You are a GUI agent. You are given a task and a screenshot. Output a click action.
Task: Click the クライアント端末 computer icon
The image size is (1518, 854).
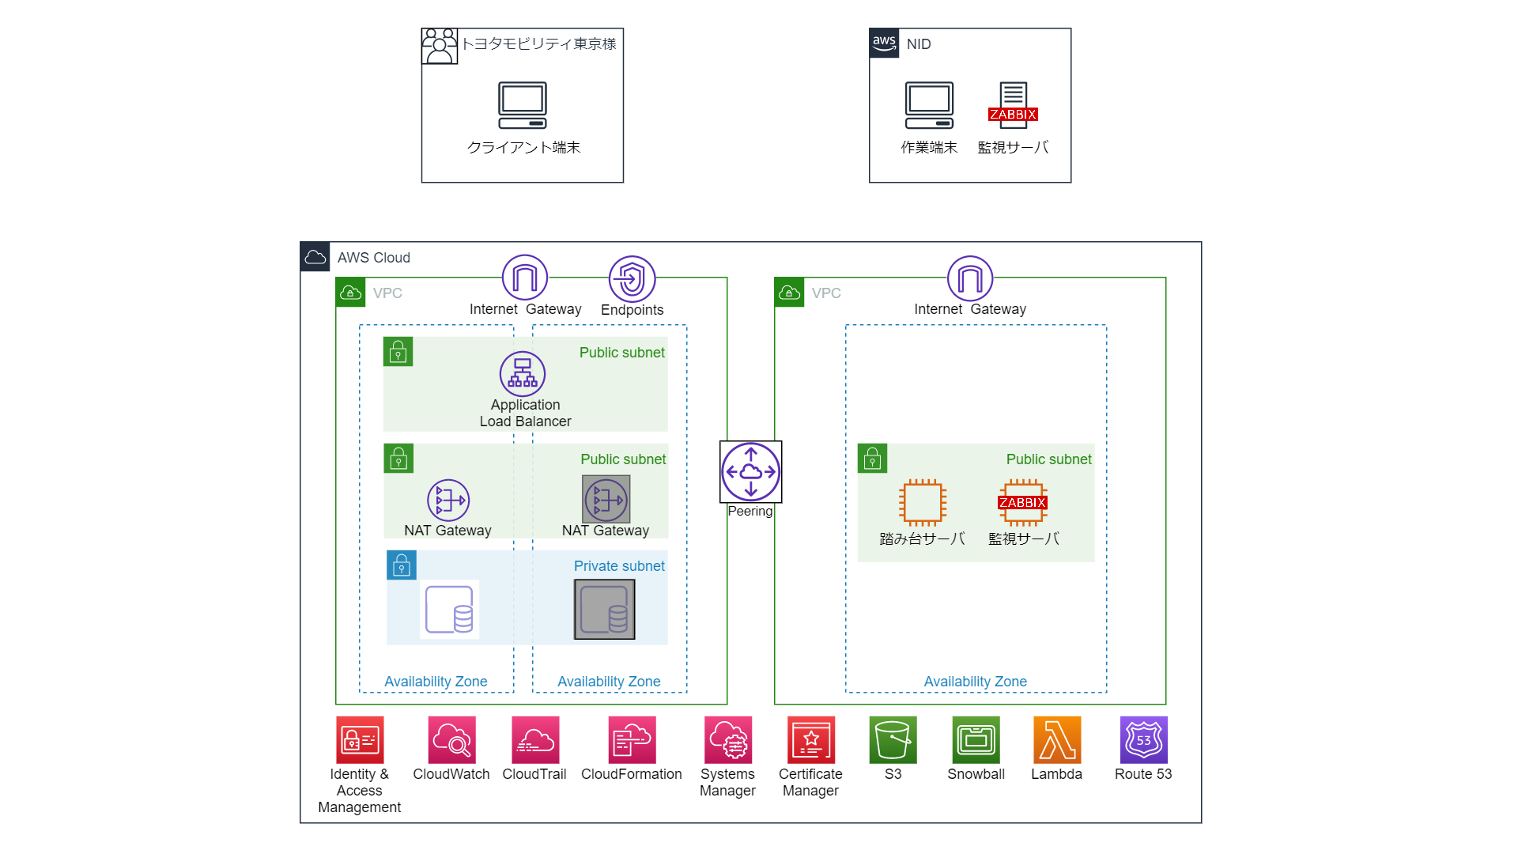(522, 105)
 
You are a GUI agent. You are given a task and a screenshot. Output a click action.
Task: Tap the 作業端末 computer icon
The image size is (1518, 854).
(929, 105)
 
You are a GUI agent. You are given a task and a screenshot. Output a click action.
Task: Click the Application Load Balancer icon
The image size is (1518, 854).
(523, 374)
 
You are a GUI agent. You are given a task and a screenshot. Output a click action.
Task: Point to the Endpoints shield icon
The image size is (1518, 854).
(632, 278)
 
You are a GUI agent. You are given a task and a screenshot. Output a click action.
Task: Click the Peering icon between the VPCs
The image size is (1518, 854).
(750, 472)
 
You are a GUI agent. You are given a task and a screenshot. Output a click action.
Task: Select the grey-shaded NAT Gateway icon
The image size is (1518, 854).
(606, 500)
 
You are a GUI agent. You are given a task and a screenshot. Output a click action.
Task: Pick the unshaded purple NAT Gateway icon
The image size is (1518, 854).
(448, 501)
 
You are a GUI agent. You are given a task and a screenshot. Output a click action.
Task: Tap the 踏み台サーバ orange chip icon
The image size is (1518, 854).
(923, 502)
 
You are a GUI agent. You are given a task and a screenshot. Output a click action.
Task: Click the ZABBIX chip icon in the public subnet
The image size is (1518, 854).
(1023, 502)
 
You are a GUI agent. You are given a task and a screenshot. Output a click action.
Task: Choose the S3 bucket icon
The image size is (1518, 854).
(893, 740)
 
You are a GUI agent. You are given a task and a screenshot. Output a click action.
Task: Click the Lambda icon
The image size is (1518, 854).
(1057, 740)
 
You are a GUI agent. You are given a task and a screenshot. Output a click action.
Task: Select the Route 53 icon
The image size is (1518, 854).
(1143, 740)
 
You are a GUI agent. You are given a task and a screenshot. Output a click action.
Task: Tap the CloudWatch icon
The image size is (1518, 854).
(451, 740)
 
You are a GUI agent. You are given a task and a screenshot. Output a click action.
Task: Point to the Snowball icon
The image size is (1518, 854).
(976, 740)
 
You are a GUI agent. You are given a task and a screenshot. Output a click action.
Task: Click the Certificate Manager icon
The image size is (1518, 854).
(810, 740)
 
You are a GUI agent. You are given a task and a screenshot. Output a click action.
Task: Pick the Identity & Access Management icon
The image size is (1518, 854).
(360, 740)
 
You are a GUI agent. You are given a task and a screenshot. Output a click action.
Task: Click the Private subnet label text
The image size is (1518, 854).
(619, 566)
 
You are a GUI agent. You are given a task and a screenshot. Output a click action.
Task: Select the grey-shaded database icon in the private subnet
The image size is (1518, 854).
(605, 610)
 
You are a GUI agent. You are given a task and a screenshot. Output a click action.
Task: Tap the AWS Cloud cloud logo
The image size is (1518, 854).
(315, 257)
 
